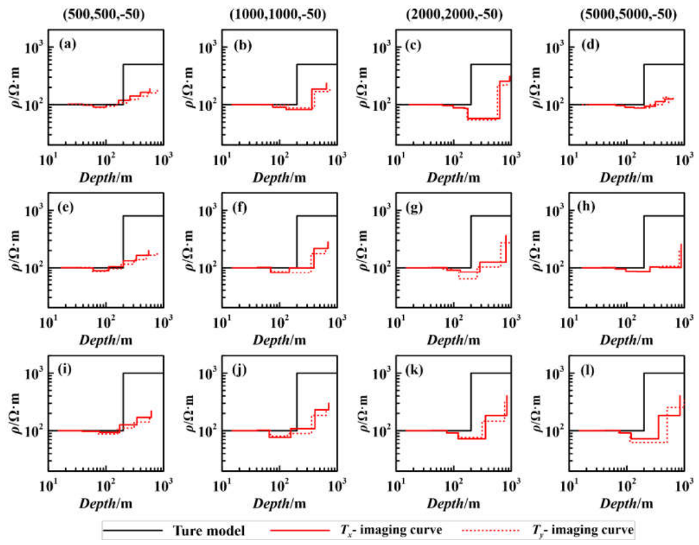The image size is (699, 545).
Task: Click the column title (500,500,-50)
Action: coord(104,14)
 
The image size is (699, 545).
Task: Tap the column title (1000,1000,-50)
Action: coord(278,14)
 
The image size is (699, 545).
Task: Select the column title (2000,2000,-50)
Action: coord(454,14)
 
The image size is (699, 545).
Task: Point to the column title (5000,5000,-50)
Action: coord(628,14)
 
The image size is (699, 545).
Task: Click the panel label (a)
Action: coord(68,44)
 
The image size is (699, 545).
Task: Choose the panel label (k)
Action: coord(413,370)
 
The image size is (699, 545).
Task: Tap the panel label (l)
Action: coord(586,370)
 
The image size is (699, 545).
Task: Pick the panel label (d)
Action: coord(590,44)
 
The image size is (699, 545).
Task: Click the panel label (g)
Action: coord(414,208)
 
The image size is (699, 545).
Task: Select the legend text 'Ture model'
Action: coord(208,530)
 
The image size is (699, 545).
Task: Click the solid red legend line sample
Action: coord(299,530)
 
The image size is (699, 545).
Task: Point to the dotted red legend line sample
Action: coord(491,530)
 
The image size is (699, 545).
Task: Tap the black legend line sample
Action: coord(132,530)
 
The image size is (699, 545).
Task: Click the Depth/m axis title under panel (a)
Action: coord(105,178)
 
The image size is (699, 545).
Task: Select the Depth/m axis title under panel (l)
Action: coord(627,504)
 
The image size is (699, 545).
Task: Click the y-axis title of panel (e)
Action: coord(15,250)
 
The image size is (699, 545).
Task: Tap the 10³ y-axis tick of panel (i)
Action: coord(34,373)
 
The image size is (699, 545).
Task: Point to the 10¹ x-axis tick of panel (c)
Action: coord(396,159)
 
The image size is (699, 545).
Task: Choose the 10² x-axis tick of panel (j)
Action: coord(280,485)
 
